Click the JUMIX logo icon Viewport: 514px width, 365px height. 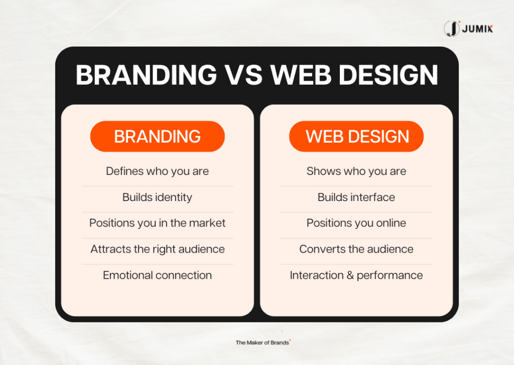452,29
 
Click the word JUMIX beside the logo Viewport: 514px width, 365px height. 477,29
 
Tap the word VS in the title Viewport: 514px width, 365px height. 242,75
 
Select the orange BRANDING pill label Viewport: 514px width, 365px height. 157,136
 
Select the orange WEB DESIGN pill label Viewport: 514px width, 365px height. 356,136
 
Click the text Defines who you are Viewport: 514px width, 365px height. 157,171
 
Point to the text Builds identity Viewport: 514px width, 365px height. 157,198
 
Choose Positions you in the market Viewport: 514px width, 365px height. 157,223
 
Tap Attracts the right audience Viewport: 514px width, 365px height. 158,249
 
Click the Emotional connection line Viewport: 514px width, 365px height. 157,275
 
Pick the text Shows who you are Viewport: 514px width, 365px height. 356,171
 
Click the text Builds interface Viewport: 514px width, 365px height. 356,198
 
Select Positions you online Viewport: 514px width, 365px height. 356,223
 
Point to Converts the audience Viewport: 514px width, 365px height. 356,249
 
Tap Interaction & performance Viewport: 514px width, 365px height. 356,275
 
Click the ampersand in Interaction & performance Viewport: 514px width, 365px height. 350,275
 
